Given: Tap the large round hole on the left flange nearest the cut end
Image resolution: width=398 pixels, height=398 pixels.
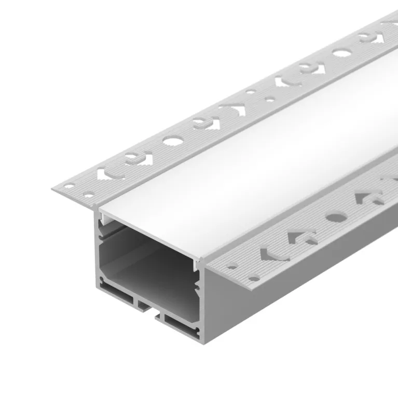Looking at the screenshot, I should pyautogui.click(x=171, y=140).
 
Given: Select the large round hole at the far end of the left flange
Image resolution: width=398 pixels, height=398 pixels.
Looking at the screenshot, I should pyautogui.click(x=341, y=52).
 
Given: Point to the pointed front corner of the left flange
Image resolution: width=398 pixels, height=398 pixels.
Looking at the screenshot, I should pyautogui.click(x=53, y=188).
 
